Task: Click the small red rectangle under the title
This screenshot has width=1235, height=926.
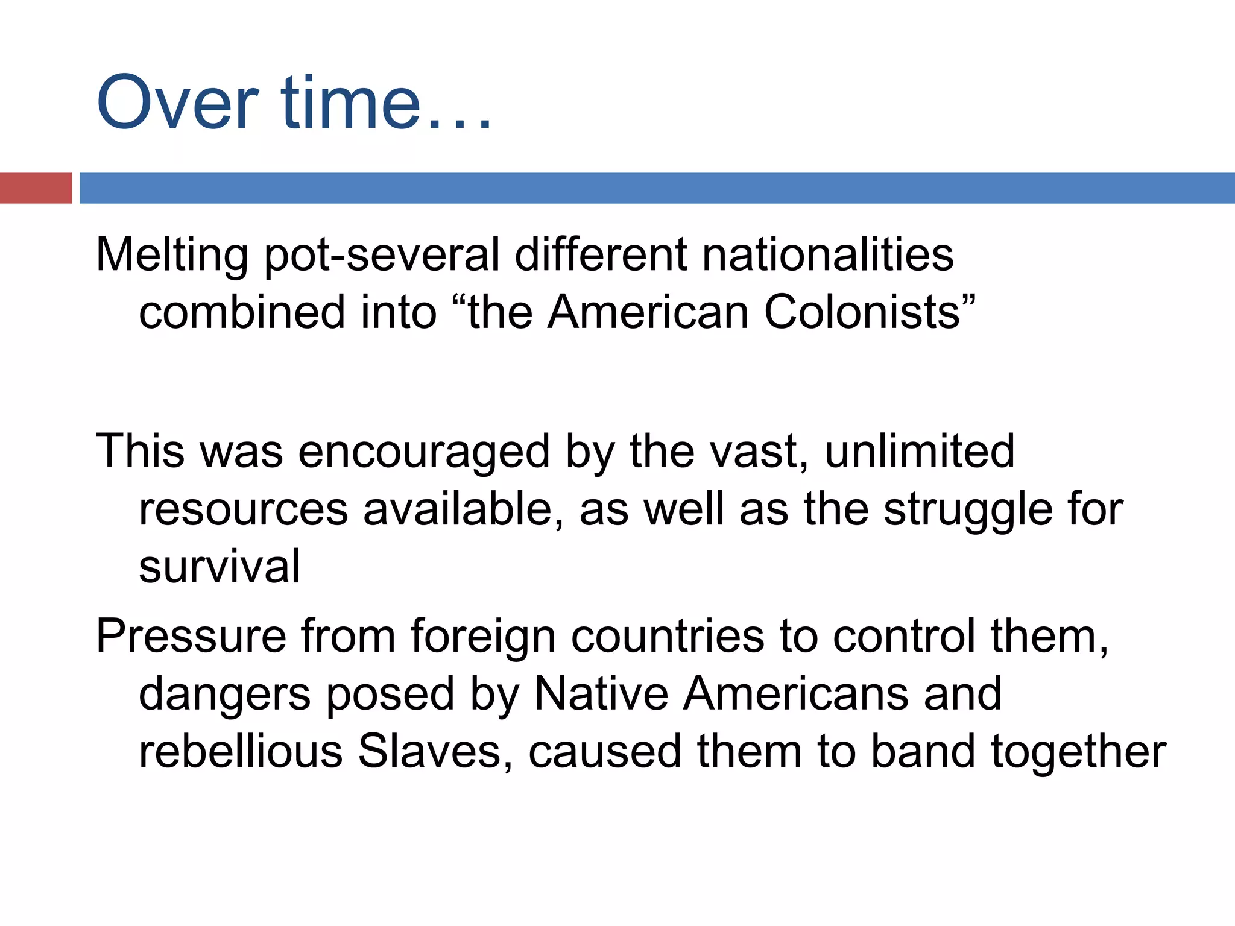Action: click(x=36, y=188)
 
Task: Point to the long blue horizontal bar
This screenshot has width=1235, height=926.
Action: click(x=657, y=188)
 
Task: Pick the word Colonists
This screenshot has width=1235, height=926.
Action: click(x=868, y=312)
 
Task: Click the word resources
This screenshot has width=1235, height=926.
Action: click(x=244, y=510)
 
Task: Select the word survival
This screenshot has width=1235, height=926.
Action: click(x=220, y=567)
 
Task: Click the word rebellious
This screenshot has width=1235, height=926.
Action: click(x=241, y=752)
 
